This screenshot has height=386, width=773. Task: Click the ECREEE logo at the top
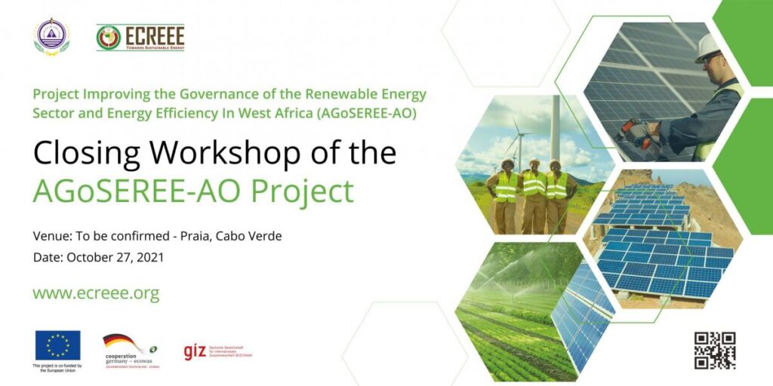coord(140,37)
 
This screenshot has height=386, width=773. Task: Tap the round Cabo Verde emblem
coord(51,36)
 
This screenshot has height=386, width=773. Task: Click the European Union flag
coord(57,345)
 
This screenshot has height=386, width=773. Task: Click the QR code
coord(714,350)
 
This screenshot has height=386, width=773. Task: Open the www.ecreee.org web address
coord(96,293)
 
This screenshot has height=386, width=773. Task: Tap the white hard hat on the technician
coord(709,45)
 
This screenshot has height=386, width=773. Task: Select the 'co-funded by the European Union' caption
coord(57,369)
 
